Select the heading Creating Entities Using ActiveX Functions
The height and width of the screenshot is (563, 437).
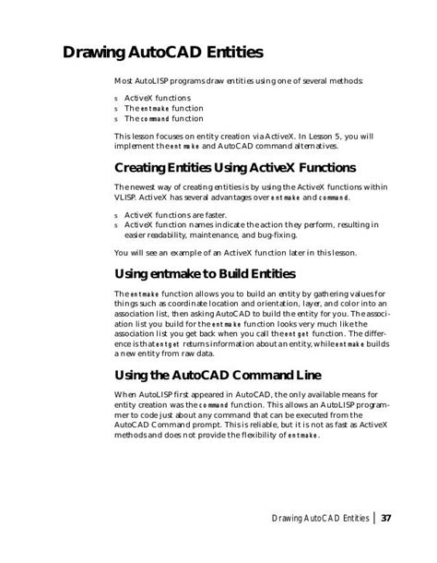(x=235, y=168)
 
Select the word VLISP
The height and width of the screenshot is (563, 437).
(x=126, y=198)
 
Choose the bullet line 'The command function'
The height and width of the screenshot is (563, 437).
(x=164, y=119)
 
